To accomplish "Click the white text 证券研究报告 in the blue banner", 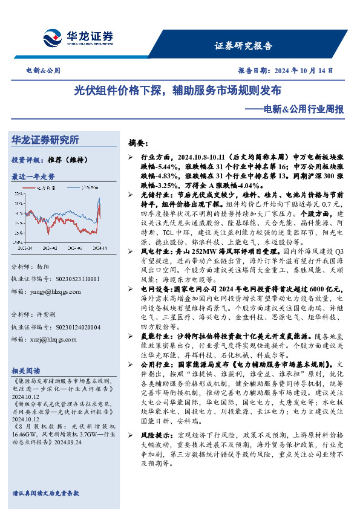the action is [x=244, y=45].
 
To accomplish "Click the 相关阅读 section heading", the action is [x=26, y=371].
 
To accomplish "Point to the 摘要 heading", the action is [x=137, y=144].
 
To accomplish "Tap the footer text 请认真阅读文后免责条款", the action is [x=45, y=493].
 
